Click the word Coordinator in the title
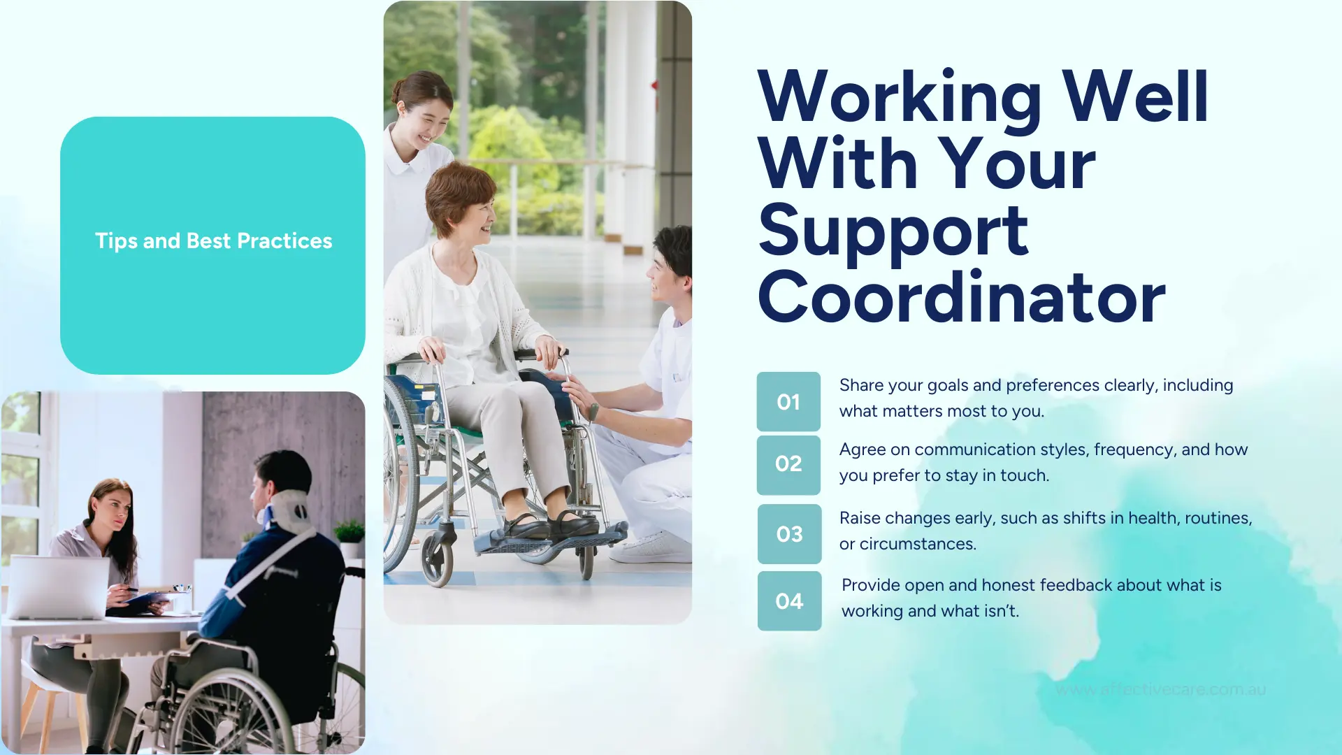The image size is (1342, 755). click(x=961, y=299)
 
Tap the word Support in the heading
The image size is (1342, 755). click(x=893, y=232)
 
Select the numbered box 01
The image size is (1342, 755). click(x=788, y=402)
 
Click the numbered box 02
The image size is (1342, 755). click(x=788, y=464)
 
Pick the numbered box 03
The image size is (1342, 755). click(x=789, y=534)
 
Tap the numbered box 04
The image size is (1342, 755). click(x=789, y=601)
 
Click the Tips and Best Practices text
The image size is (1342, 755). click(x=213, y=241)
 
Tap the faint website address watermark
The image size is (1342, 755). click(x=1160, y=690)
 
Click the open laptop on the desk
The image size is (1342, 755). click(x=57, y=587)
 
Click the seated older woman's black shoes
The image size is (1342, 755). click(x=552, y=524)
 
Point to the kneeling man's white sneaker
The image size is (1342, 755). click(x=650, y=549)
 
